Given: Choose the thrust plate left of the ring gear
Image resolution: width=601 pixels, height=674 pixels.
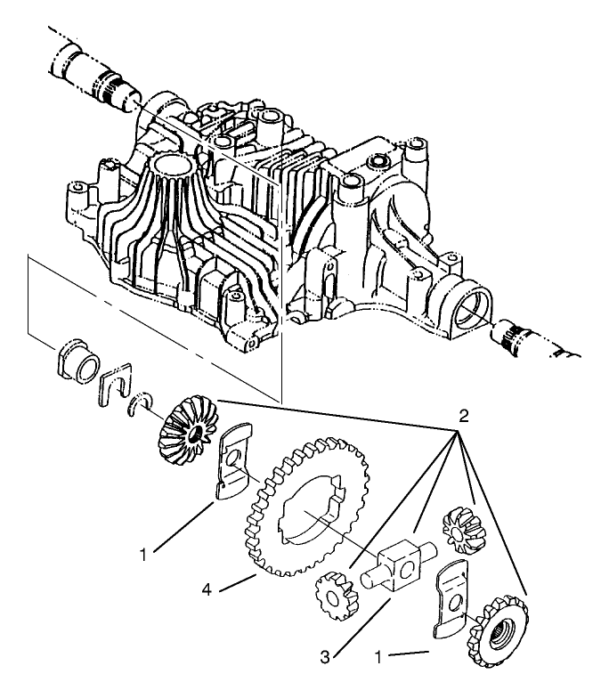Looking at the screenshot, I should (x=233, y=461).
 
